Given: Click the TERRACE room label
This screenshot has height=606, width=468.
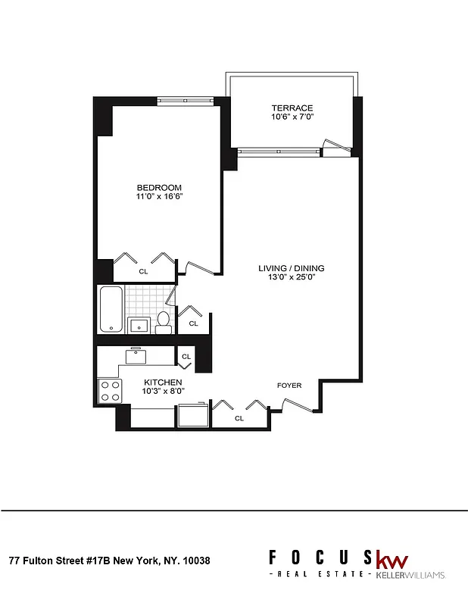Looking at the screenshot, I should pos(292,108).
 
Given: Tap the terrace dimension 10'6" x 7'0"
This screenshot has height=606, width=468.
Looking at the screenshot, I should pos(292,118).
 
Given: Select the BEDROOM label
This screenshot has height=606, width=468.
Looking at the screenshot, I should pos(159,188).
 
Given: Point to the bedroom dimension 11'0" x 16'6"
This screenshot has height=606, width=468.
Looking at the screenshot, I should pos(159,197).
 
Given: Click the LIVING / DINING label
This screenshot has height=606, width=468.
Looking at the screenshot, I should pos(291,268).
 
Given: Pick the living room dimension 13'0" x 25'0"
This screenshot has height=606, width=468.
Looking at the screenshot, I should pos(291,278).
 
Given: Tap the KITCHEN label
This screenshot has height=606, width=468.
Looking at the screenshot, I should pos(162,382).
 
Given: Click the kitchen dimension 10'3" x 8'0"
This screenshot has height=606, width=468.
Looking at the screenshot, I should pos(162,391).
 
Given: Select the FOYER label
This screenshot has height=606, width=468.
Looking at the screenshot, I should pos(289,386).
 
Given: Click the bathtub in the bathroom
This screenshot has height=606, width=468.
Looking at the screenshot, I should pos(111,309).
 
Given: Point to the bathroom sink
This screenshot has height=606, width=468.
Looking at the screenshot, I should pos(138,326).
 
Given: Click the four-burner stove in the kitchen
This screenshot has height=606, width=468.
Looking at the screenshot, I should pos(110,391).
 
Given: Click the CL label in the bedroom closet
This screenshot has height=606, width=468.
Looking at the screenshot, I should pos(143,270).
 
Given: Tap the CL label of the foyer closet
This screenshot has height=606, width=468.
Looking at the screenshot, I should pos(239,417).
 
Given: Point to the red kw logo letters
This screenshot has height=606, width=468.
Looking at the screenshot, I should pos(392,561).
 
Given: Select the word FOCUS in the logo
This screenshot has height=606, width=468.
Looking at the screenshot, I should pos(320,558).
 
